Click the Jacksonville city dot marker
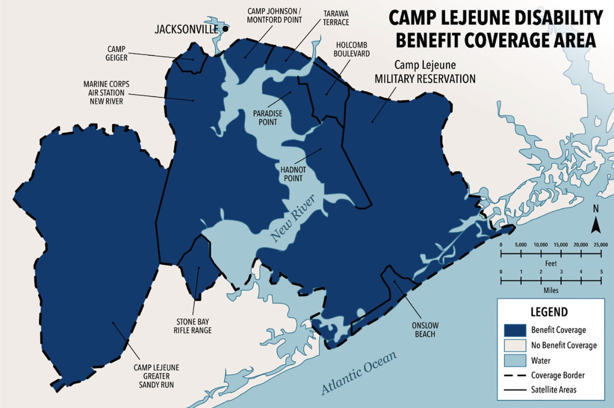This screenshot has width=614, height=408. click(x=225, y=29)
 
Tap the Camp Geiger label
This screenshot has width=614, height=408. click(x=117, y=54)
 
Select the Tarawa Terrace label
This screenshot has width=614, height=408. click(x=336, y=18)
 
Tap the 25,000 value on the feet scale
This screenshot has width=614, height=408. click(x=601, y=244)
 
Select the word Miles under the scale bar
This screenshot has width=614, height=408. click(x=551, y=290)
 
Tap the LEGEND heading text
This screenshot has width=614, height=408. click(x=549, y=312)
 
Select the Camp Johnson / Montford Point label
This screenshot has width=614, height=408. click(x=274, y=15)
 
